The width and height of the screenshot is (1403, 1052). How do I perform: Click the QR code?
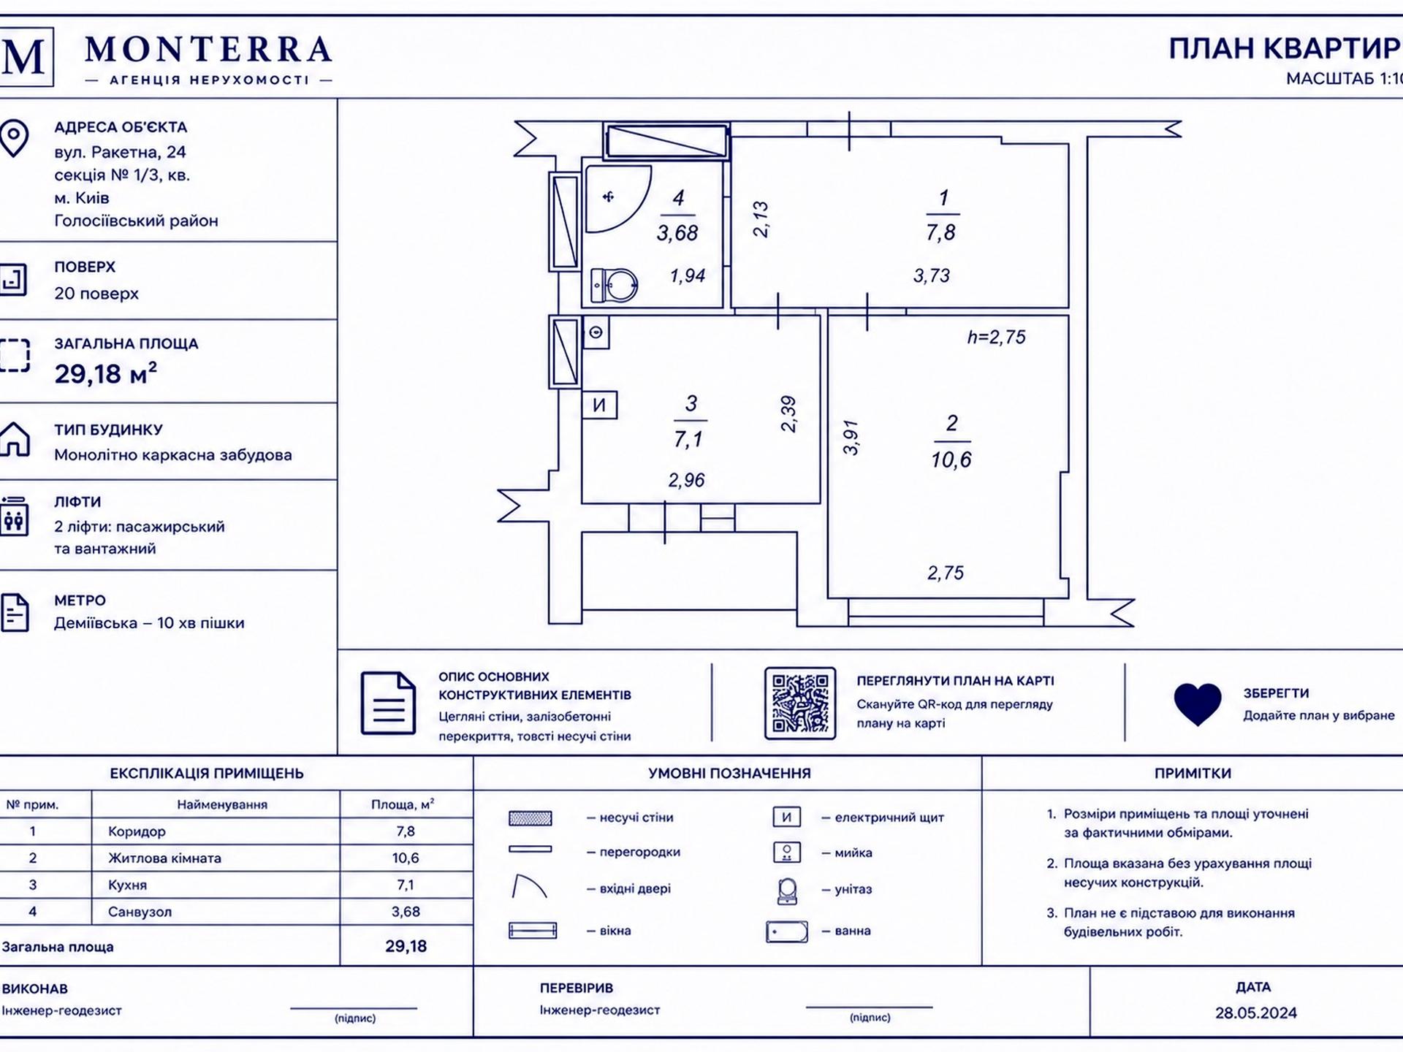pos(800,703)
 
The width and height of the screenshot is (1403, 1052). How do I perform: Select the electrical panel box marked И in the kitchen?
pos(599,405)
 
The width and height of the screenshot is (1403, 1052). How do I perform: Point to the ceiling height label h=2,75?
pos(996,337)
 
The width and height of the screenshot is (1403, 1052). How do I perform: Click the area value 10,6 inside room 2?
pos(951,460)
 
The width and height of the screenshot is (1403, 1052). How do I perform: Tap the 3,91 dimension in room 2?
pos(851,438)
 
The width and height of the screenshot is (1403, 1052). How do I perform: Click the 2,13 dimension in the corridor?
pos(761,219)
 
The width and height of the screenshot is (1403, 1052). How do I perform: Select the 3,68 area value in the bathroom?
pos(677,233)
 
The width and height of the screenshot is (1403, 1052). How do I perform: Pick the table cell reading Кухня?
pos(128,885)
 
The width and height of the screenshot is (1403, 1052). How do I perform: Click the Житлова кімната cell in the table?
pos(164,858)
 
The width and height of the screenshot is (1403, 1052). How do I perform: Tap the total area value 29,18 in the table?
pos(406,946)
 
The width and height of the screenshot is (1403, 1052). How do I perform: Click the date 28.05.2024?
pos(1256,1013)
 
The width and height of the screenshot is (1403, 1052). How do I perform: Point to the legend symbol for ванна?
pos(787,931)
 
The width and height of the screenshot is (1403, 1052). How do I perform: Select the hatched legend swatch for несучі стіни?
pos(531,818)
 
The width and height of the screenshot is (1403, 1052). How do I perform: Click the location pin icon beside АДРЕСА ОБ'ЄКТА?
pos(14,139)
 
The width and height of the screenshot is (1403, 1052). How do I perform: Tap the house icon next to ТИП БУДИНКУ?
pos(14,439)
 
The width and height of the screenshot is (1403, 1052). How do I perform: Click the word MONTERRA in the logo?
pos(208,50)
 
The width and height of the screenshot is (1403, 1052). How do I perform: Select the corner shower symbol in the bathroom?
pos(617,198)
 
